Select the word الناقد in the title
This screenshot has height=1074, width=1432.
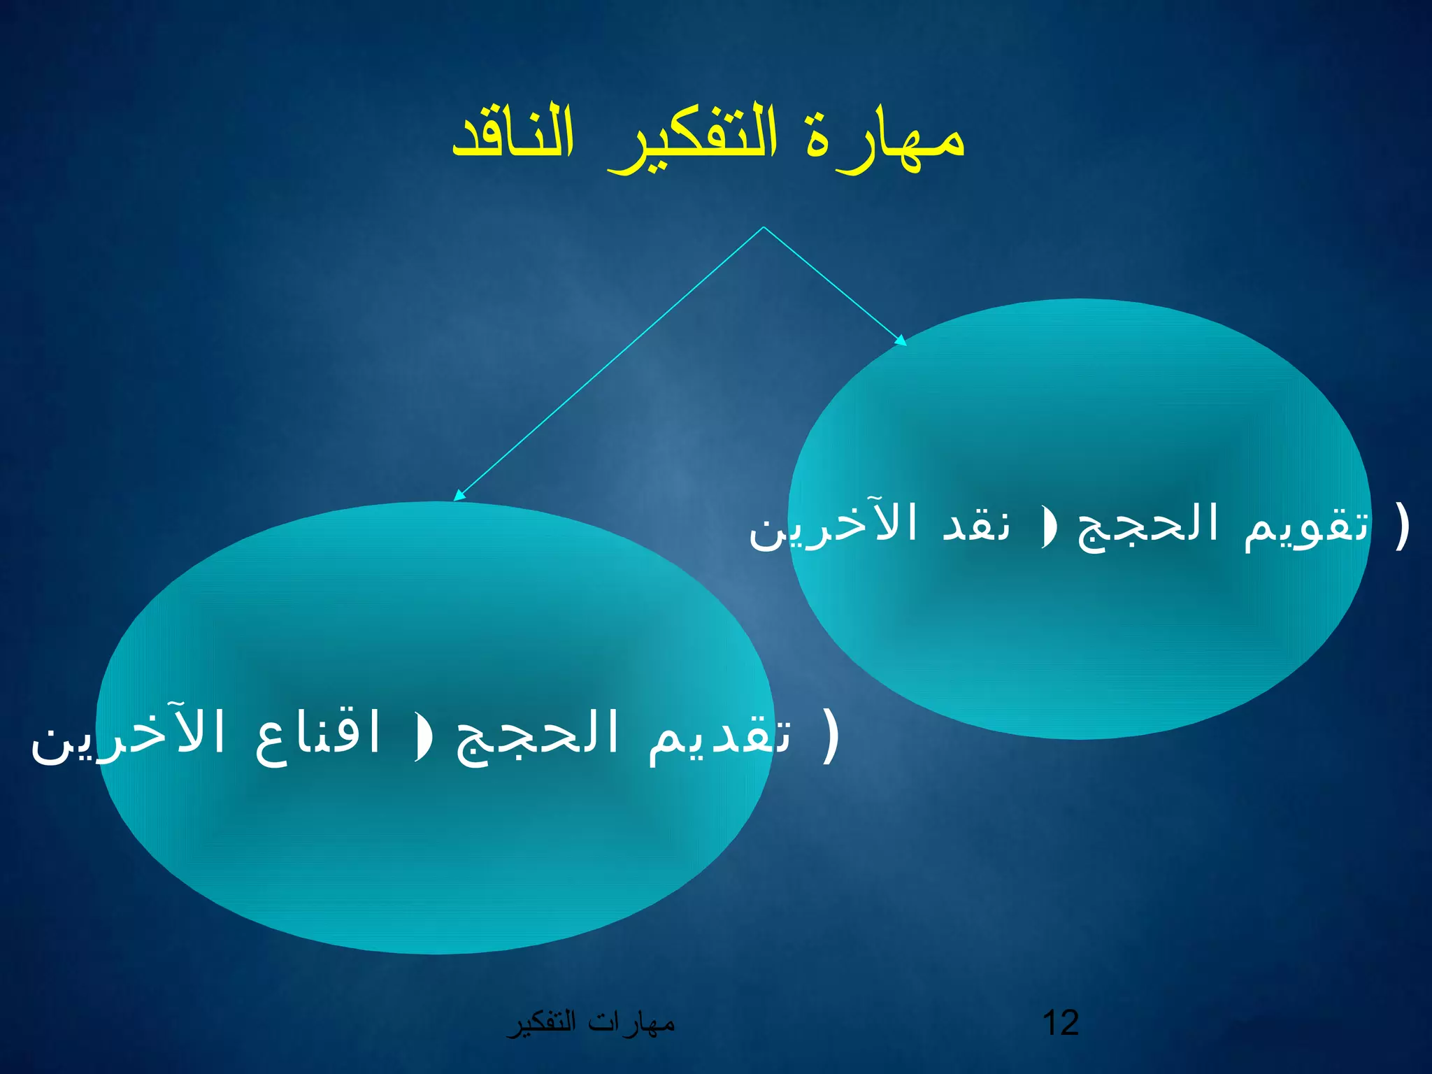point(514,133)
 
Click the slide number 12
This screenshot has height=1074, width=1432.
point(1060,1023)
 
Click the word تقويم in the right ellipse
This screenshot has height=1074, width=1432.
point(1306,527)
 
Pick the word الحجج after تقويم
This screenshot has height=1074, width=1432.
point(1147,527)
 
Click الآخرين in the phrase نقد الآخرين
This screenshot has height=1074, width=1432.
point(832,525)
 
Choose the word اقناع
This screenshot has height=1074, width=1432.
point(318,734)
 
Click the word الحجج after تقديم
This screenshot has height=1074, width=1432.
point(537,737)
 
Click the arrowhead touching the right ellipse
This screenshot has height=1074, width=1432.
point(901,341)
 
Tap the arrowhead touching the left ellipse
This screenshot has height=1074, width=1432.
point(459,495)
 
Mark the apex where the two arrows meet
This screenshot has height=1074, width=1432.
point(764,227)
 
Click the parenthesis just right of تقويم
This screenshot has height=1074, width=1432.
point(1401,526)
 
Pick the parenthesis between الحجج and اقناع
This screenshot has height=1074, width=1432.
point(422,737)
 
